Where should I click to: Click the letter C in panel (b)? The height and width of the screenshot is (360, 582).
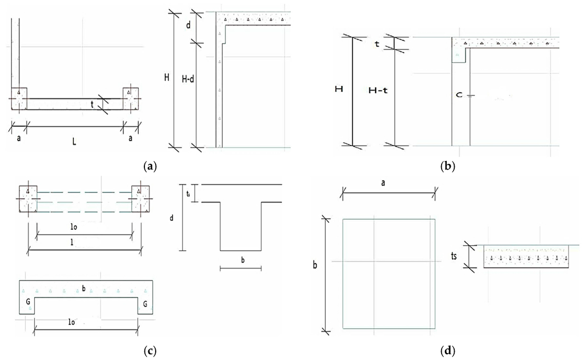(x=459, y=95)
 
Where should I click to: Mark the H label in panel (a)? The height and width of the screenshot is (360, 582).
(x=167, y=78)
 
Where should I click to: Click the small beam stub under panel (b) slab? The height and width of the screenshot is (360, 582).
(x=459, y=55)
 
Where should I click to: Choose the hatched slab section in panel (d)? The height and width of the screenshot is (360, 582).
(x=527, y=256)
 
